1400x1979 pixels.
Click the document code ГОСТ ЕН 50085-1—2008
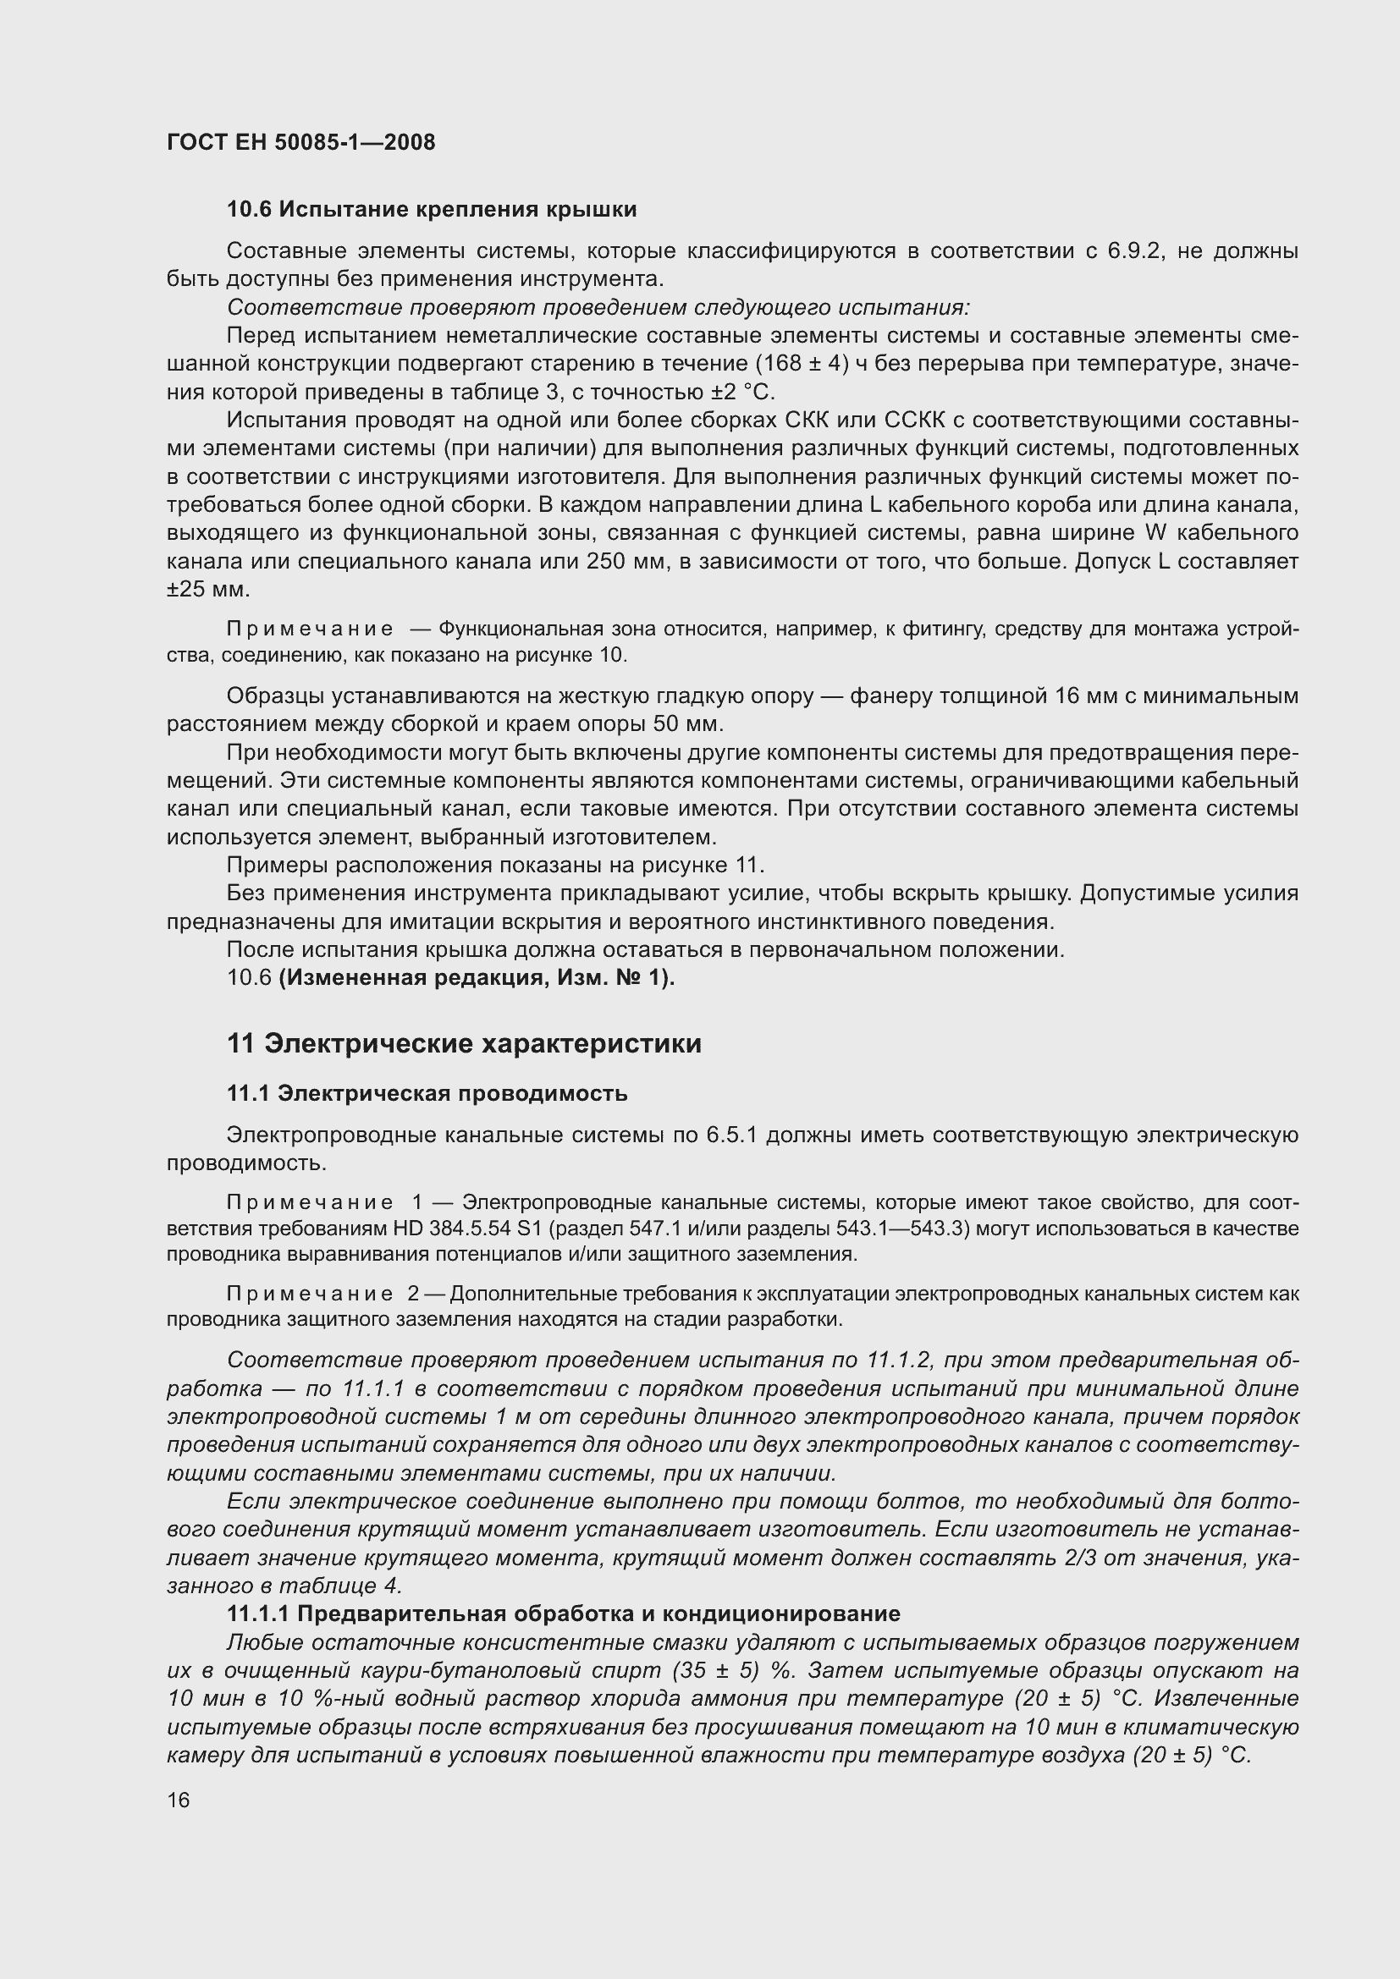point(300,142)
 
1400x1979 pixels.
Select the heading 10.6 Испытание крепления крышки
point(432,210)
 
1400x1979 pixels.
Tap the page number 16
point(179,1800)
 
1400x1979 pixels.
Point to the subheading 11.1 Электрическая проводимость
point(427,1093)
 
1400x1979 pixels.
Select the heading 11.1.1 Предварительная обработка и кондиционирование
point(563,1613)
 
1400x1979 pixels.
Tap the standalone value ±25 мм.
point(207,590)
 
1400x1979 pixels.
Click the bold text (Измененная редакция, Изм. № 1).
point(477,977)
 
